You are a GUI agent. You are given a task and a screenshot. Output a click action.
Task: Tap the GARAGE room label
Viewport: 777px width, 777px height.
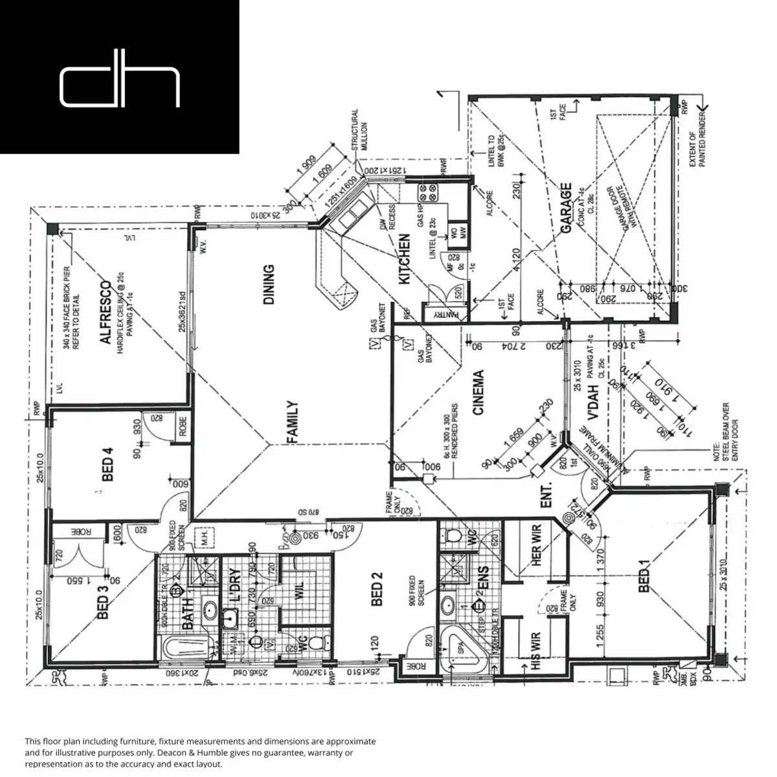(566, 208)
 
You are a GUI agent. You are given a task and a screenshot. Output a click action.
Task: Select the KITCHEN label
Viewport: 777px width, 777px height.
(404, 258)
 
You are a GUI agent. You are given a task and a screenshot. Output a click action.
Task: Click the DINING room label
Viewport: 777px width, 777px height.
(269, 284)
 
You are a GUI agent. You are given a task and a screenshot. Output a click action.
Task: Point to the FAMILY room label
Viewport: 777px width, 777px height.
(292, 422)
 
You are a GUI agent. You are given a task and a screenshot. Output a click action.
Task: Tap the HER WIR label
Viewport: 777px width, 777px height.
(536, 549)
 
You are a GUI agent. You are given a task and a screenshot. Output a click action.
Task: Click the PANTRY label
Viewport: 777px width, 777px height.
(444, 314)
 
